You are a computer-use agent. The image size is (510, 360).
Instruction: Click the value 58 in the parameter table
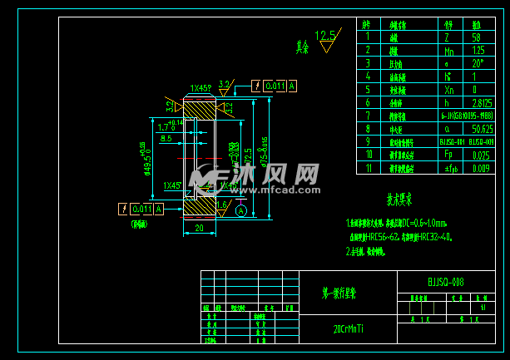pyautogui.click(x=477, y=37)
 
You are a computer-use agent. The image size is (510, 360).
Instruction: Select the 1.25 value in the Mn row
pyautogui.click(x=477, y=50)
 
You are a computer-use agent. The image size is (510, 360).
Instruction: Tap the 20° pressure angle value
pyautogui.click(x=477, y=63)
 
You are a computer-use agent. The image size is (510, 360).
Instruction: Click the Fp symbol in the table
pyautogui.click(x=449, y=155)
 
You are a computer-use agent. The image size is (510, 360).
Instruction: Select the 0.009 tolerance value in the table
pyautogui.click(x=481, y=168)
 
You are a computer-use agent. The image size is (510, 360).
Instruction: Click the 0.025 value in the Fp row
pyautogui.click(x=480, y=155)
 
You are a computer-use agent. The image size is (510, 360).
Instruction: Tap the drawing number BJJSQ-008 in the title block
pyautogui.click(x=446, y=282)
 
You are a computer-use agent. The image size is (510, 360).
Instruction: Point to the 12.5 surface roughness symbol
pyautogui.click(x=328, y=37)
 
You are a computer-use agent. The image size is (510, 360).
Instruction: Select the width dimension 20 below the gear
pyautogui.click(x=199, y=229)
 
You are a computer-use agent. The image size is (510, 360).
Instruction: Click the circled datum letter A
pyautogui.click(x=241, y=211)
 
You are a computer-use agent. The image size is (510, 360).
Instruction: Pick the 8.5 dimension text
pyautogui.click(x=166, y=139)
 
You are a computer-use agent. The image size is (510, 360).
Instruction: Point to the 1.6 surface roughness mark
pyautogui.click(x=221, y=204)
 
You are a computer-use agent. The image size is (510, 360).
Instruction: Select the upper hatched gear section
pyautogui.click(x=199, y=109)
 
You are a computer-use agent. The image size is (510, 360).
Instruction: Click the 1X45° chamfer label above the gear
pyautogui.click(x=199, y=87)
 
